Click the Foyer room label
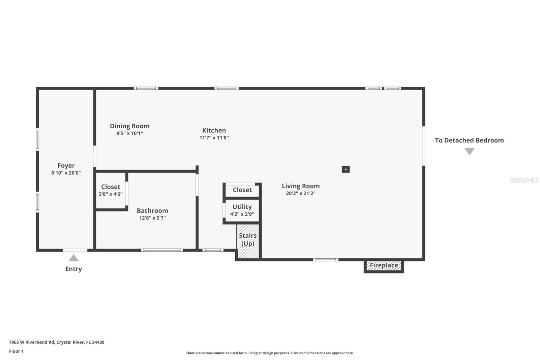point(66,165)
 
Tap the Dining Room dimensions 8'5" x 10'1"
point(130,133)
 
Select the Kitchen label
point(214,130)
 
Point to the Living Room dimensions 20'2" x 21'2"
point(300,194)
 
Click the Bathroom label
point(152,210)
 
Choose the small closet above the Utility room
point(242,190)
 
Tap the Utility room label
point(242,207)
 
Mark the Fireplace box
point(384,265)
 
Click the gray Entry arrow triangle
point(74,258)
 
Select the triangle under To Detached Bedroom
point(469,152)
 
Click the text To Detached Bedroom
point(469,140)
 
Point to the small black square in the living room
point(346,169)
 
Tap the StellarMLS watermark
point(524,180)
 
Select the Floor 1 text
point(16,351)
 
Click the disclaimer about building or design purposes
point(270,353)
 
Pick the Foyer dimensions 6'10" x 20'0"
point(66,173)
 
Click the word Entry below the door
point(74,269)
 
